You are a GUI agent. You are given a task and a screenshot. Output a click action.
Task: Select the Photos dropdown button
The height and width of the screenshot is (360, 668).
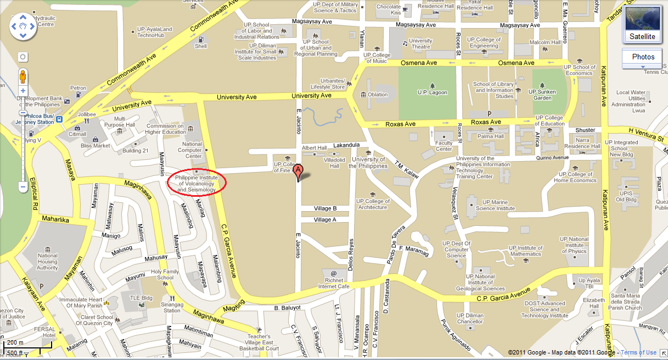[642, 57]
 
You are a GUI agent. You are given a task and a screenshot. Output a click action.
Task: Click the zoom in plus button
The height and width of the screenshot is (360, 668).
[23, 91]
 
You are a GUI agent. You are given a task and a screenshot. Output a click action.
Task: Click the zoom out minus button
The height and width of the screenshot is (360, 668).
[23, 187]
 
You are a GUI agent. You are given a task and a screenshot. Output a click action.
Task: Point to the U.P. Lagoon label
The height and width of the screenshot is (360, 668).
[433, 92]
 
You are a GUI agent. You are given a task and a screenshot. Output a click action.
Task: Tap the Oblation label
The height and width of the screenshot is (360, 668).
[378, 95]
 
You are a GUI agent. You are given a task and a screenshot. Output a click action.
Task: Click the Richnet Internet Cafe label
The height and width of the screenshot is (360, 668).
[334, 283]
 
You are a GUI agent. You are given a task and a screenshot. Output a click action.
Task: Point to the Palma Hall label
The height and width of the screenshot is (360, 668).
[490, 136]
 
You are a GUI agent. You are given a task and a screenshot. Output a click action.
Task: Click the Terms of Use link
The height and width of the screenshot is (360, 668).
[638, 352]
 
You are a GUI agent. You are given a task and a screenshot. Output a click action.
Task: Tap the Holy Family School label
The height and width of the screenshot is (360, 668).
[165, 274]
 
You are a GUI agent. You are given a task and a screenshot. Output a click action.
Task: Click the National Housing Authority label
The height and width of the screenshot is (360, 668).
[47, 262]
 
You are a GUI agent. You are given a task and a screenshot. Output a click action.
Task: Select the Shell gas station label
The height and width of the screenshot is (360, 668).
[201, 46]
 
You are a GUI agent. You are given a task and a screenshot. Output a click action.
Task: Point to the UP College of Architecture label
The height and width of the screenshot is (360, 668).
[373, 204]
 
